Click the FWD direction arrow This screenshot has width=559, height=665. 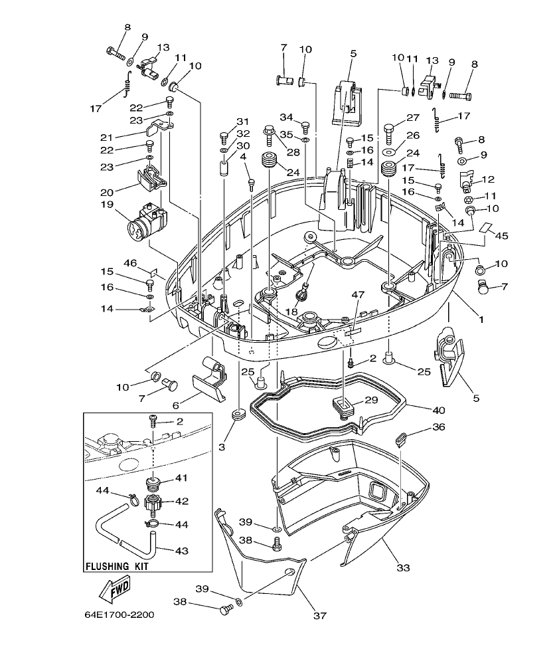click(x=114, y=589)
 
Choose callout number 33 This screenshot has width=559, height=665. click(x=403, y=567)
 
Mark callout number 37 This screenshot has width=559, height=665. click(x=319, y=615)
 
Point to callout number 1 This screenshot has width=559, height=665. click(x=481, y=320)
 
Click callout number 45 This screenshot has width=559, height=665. click(x=502, y=235)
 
